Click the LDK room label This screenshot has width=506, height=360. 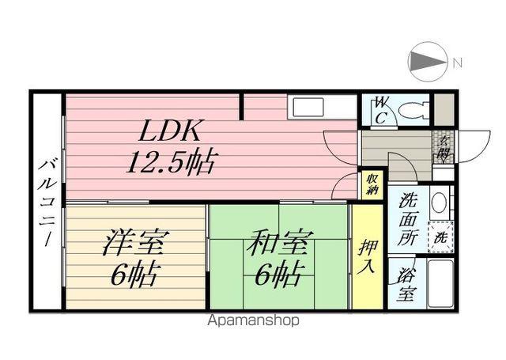[x=170, y=131]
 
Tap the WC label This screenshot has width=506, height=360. [x=381, y=111]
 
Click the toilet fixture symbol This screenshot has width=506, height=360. [x=413, y=110]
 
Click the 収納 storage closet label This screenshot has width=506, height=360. [x=372, y=184]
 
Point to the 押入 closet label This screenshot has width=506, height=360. [x=367, y=256]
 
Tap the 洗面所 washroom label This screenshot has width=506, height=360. [x=408, y=219]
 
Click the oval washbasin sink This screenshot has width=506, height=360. [x=439, y=203]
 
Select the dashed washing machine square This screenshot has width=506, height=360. [x=441, y=237]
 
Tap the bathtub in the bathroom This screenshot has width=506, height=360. [x=440, y=283]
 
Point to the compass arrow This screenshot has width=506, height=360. [x=427, y=62]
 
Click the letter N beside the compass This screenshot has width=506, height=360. [x=458, y=63]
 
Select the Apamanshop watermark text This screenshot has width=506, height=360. [x=253, y=321]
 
